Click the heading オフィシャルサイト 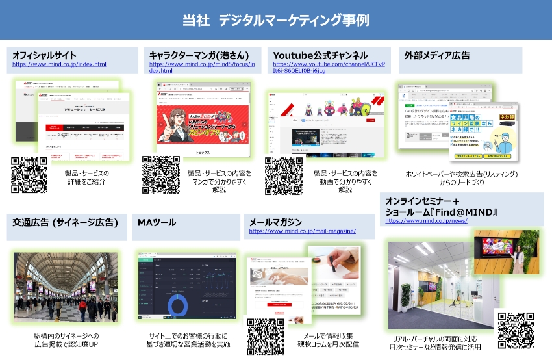coord(45,55)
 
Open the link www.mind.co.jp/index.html coord(59,64)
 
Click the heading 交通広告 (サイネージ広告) coord(65,222)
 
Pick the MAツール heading coord(157,222)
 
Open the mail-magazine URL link coord(302,231)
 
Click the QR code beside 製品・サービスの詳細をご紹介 coord(29,174)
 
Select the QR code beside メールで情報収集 coord(266,336)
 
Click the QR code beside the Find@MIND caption coord(516,330)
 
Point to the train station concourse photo coord(66,285)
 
